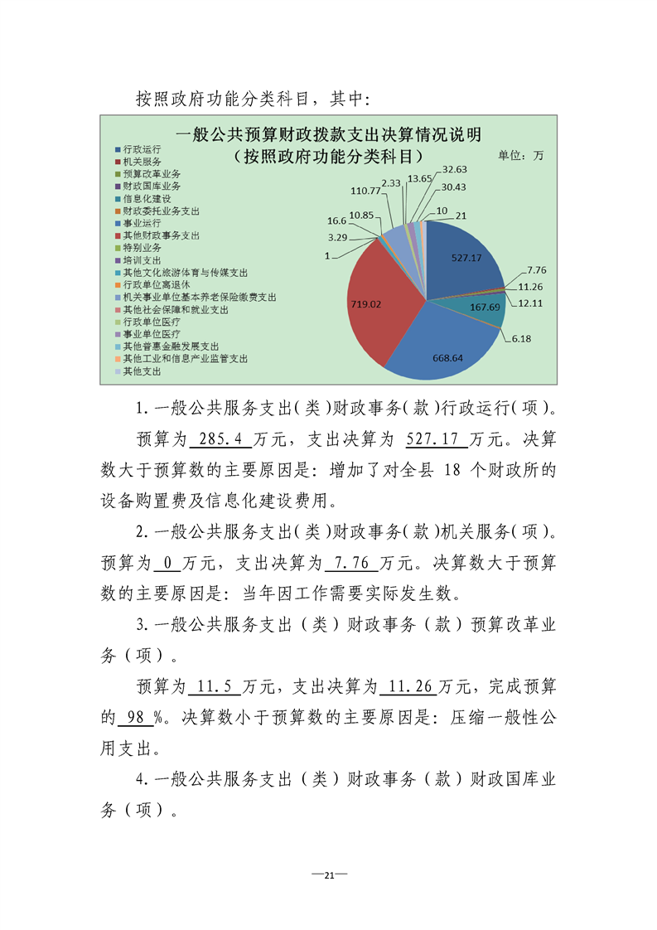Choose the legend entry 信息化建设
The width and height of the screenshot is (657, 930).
pyautogui.click(x=146, y=199)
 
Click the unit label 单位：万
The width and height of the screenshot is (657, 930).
pyautogui.click(x=520, y=155)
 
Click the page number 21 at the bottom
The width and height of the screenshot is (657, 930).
pyautogui.click(x=328, y=875)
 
